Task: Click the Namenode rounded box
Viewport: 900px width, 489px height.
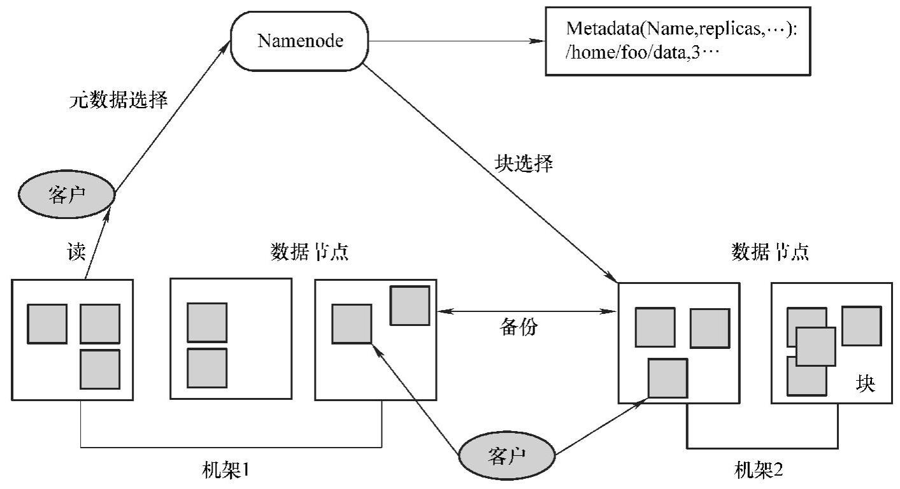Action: pyautogui.click(x=300, y=42)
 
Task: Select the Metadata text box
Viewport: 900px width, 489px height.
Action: pyautogui.click(x=678, y=42)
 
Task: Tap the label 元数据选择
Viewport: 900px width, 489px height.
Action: pyautogui.click(x=118, y=100)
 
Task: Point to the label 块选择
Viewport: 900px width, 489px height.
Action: pyautogui.click(x=524, y=164)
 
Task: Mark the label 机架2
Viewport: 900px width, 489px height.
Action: pyautogui.click(x=759, y=471)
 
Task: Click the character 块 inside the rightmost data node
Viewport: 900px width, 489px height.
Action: pyautogui.click(x=865, y=385)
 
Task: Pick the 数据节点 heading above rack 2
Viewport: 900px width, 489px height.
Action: pyautogui.click(x=771, y=253)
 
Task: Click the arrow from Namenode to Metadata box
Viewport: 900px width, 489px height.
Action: pyautogui.click(x=456, y=43)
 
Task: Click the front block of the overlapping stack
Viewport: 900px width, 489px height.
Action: pyautogui.click(x=815, y=346)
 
